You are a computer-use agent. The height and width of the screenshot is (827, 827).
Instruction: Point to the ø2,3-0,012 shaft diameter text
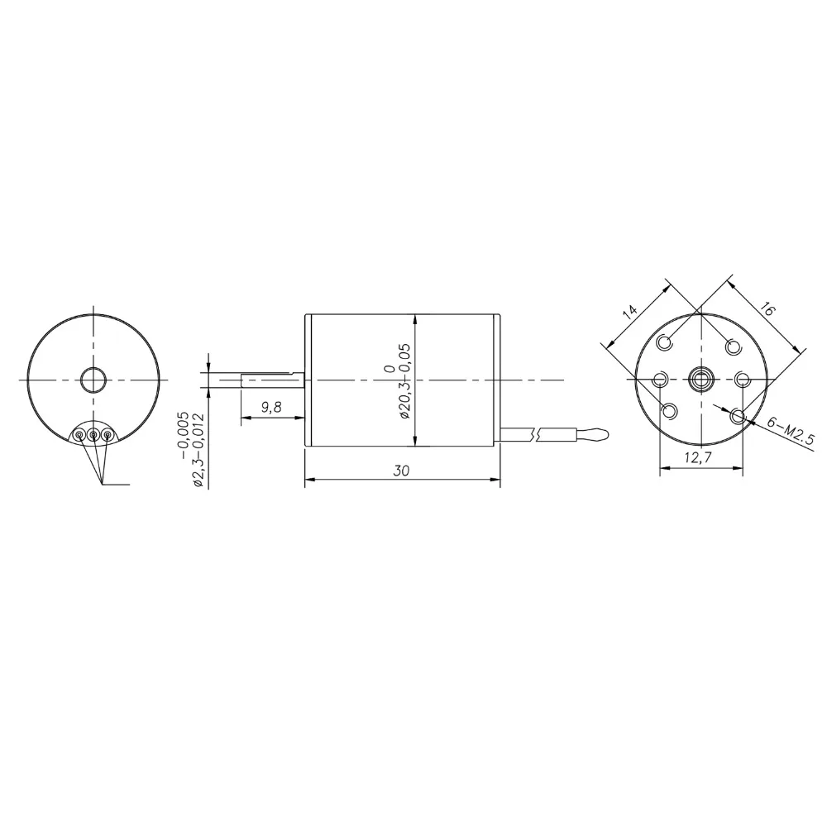pyautogui.click(x=198, y=449)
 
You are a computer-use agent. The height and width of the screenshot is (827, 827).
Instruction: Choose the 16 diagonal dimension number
pyautogui.click(x=766, y=309)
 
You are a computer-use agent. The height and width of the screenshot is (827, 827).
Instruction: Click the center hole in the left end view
pyautogui.click(x=93, y=380)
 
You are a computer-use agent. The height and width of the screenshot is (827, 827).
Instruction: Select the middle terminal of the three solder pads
pyautogui.click(x=93, y=434)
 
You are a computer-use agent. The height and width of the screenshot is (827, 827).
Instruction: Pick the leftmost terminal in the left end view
pyautogui.click(x=79, y=434)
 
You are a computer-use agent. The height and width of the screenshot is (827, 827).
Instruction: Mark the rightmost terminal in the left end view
pyautogui.click(x=107, y=434)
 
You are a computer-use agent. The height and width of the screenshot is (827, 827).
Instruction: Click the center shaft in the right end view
pyautogui.click(x=701, y=380)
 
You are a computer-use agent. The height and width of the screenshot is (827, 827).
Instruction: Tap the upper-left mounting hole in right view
pyautogui.click(x=667, y=341)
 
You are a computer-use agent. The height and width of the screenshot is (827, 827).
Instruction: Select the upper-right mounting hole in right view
pyautogui.click(x=733, y=345)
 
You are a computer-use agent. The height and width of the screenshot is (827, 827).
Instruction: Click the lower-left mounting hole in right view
pyautogui.click(x=670, y=411)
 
